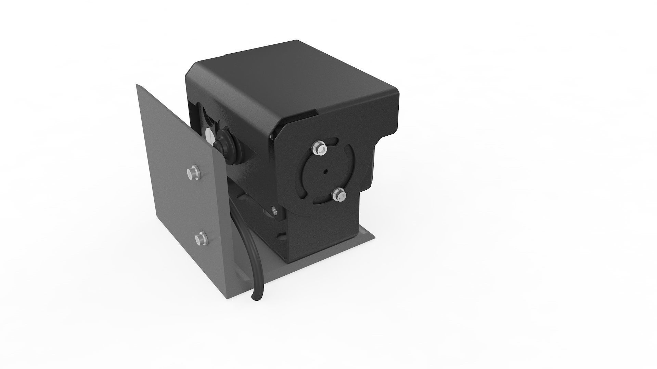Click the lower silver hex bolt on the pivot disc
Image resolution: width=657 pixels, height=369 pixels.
coord(339,195)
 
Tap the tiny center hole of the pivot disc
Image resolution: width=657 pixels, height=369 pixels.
coord(326,172)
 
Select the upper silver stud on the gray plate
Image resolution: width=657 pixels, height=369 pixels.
coord(192,173)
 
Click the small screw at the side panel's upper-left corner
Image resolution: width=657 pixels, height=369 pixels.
coord(272,137)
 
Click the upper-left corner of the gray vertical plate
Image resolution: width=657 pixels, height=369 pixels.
coord(138,86)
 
